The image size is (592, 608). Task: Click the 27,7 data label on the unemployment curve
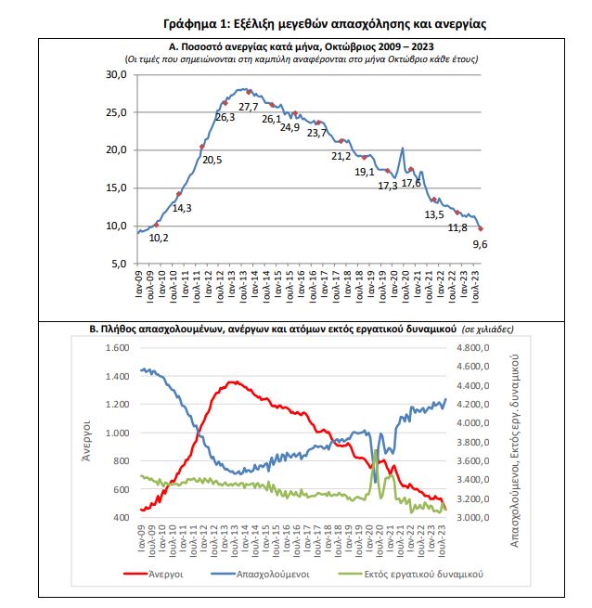pos(248,107)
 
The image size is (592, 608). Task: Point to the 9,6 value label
pos(480,244)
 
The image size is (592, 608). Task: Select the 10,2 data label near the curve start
pos(159,238)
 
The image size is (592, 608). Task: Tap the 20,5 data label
pos(212,160)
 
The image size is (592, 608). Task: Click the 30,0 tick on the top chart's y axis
pos(116,74)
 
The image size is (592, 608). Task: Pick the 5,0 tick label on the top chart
pos(119,264)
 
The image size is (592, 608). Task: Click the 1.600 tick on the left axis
pos(118,348)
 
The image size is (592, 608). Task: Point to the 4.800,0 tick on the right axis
pos(473,348)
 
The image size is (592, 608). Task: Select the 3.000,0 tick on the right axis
pos(473,518)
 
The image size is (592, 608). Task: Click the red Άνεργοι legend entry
pos(153,574)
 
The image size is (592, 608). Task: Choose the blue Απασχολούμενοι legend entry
pos(261,574)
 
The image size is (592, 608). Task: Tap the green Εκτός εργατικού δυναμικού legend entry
pos(411,574)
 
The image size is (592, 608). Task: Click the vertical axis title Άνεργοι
pos(86,441)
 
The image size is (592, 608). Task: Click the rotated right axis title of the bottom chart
pos(514,450)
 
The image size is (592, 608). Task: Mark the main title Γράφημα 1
pos(325,24)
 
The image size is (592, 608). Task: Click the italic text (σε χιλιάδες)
pos(488,330)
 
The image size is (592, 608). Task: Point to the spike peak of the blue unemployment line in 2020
pos(403,149)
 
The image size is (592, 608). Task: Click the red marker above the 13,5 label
pos(434,200)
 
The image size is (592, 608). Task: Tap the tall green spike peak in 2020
pos(375,450)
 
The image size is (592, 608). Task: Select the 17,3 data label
pos(388,186)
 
